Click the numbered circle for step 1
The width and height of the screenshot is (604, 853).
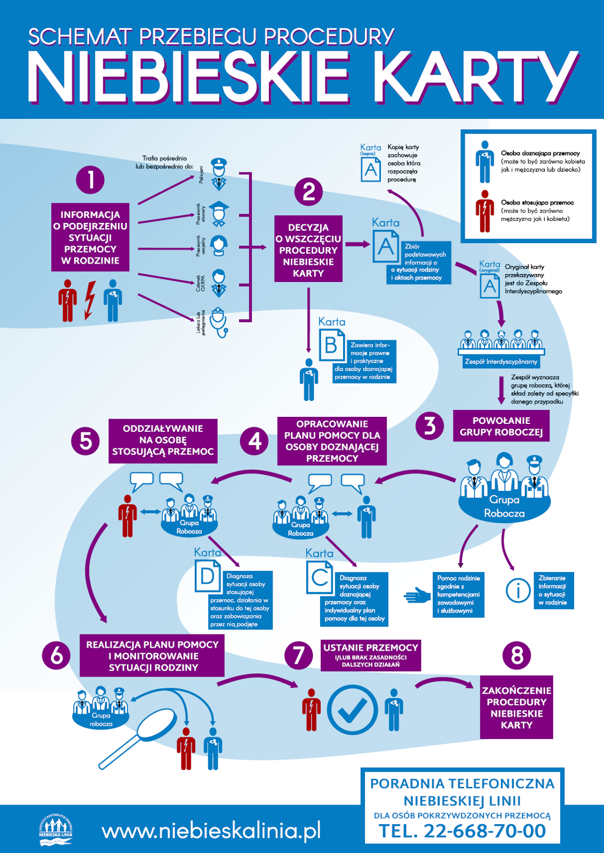[x=90, y=180]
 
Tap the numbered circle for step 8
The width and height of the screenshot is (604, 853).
[x=516, y=655]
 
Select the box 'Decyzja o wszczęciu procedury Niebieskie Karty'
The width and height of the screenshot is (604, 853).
[x=308, y=249]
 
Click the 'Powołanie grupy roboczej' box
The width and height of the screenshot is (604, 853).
[x=501, y=426]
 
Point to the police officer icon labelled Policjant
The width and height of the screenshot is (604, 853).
[x=219, y=174]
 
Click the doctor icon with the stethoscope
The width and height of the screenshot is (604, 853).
[x=219, y=322]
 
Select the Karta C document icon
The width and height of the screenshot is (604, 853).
[x=320, y=577]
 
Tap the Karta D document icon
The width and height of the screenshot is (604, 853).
[x=208, y=576]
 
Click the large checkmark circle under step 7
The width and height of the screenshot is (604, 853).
[x=352, y=710]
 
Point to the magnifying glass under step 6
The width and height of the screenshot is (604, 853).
[x=144, y=734]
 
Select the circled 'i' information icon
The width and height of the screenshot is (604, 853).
[x=518, y=590]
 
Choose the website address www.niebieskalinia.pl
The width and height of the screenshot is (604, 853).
[x=211, y=831]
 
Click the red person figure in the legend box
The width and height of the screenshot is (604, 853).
[x=484, y=211]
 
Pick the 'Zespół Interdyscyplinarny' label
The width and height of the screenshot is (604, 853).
[x=501, y=361]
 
